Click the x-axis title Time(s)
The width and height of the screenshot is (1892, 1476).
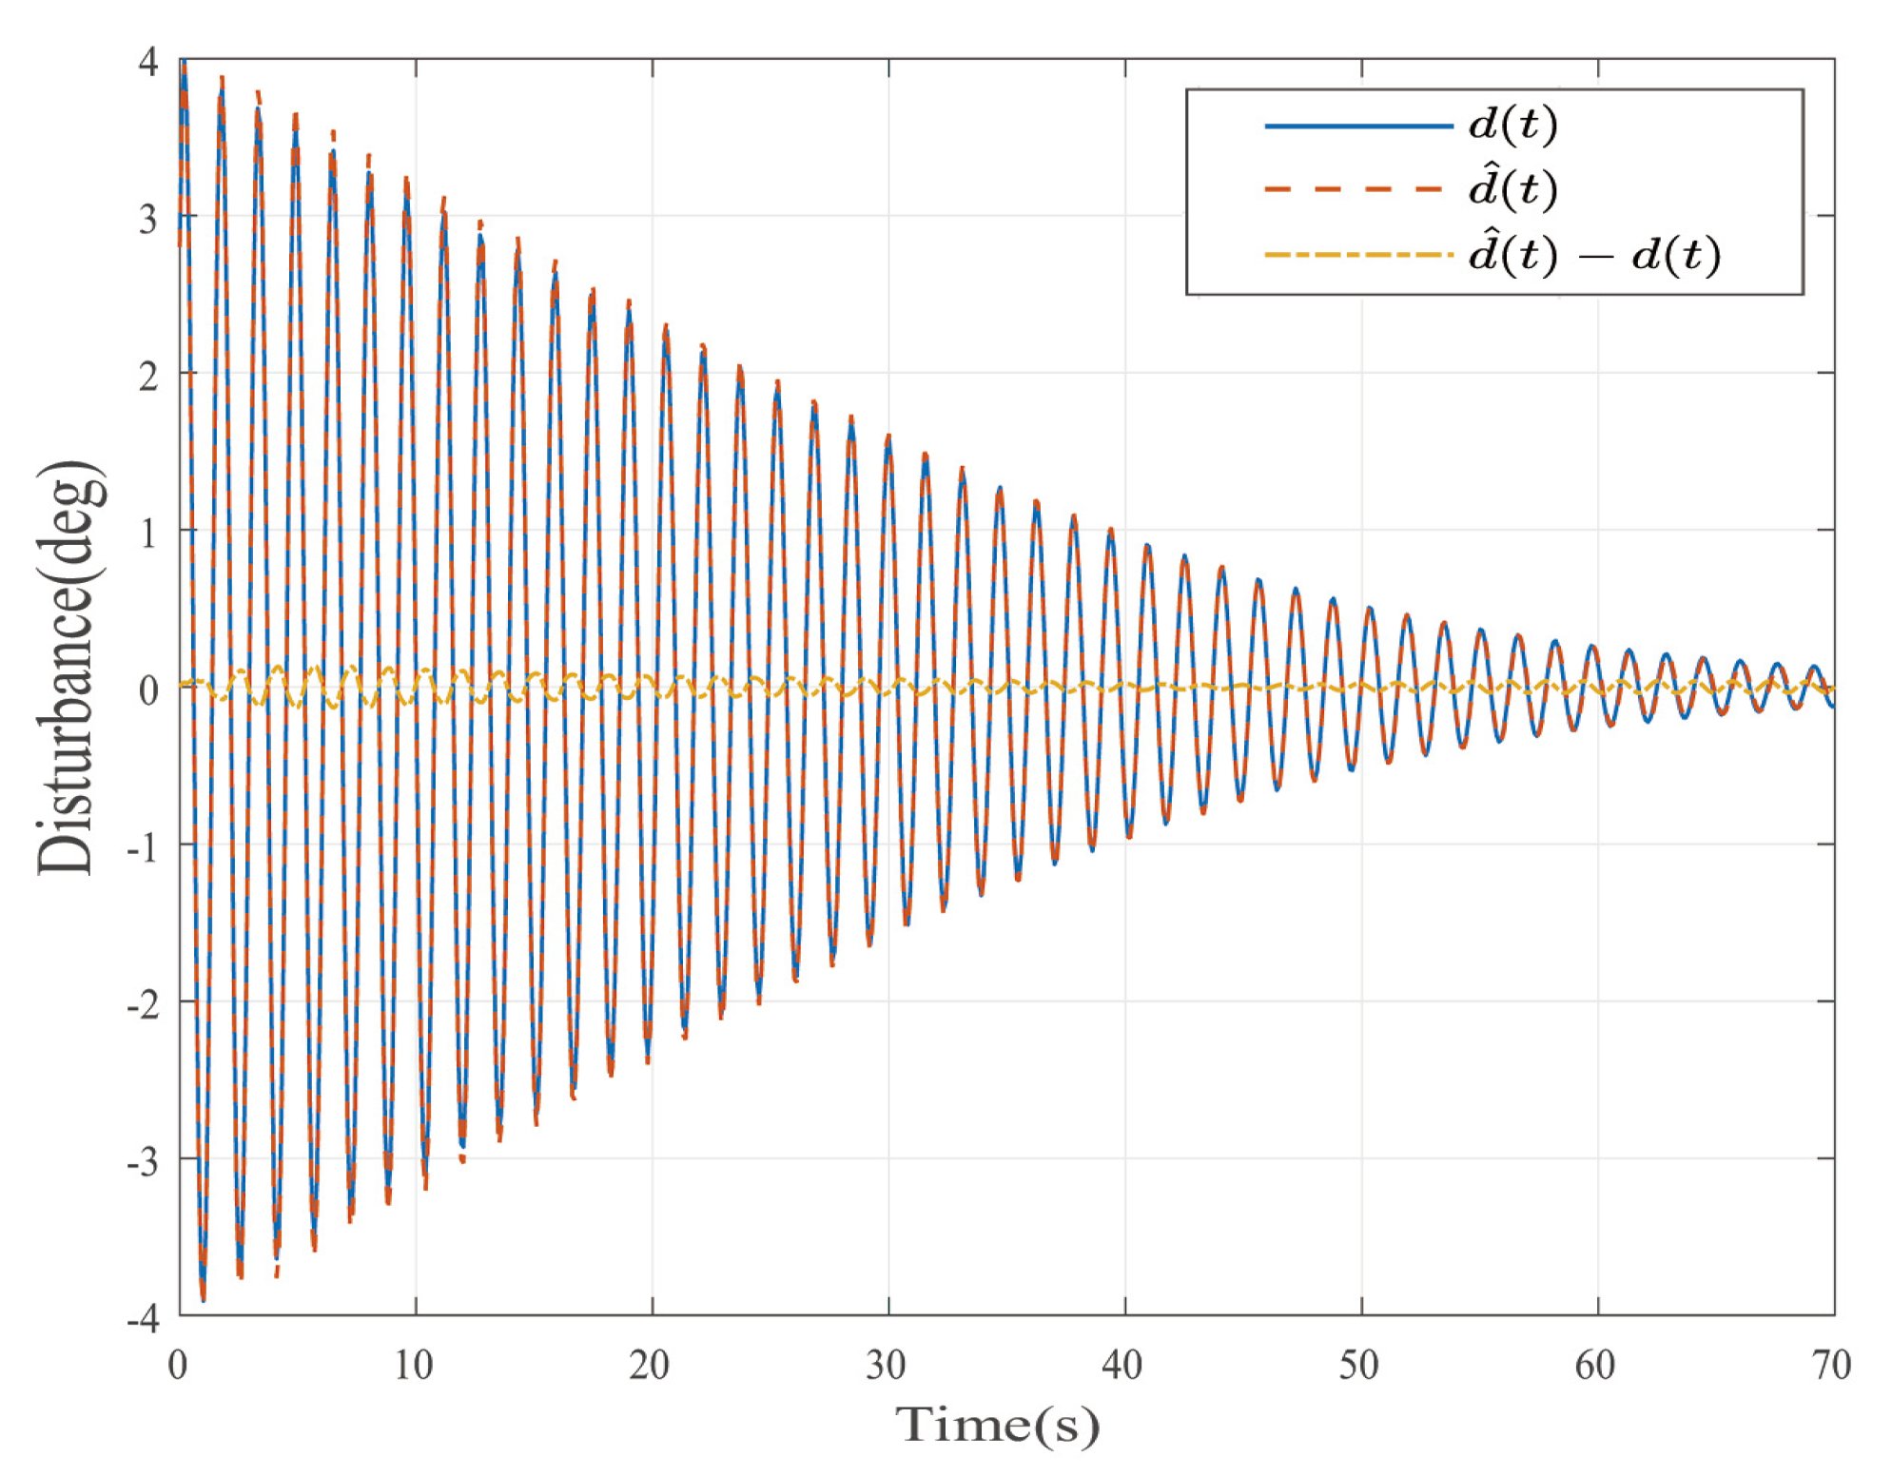pyautogui.click(x=996, y=1425)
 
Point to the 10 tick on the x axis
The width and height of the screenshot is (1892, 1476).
pyautogui.click(x=414, y=1366)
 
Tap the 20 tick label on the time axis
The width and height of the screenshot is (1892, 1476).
pyautogui.click(x=650, y=1366)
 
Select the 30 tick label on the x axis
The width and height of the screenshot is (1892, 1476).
pyautogui.click(x=886, y=1366)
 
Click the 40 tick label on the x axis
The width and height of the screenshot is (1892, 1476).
pyautogui.click(x=1122, y=1366)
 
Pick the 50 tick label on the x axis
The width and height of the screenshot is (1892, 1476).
pyautogui.click(x=1358, y=1366)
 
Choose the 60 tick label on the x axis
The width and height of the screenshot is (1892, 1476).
pyautogui.click(x=1595, y=1366)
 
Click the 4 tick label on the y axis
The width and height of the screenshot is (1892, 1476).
pyautogui.click(x=148, y=63)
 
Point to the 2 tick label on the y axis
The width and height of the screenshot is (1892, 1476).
pyautogui.click(x=148, y=377)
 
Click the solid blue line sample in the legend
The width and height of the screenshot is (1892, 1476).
pyautogui.click(x=1357, y=126)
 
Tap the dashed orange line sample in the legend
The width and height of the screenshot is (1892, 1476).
pyautogui.click(x=1357, y=189)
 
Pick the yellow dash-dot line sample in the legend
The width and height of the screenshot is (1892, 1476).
pyautogui.click(x=1357, y=255)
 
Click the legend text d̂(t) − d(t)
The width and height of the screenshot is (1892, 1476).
pyautogui.click(x=1594, y=254)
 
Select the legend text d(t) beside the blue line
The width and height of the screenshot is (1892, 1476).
pyautogui.click(x=1512, y=125)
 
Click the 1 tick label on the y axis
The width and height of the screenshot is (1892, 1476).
pyautogui.click(x=148, y=534)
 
